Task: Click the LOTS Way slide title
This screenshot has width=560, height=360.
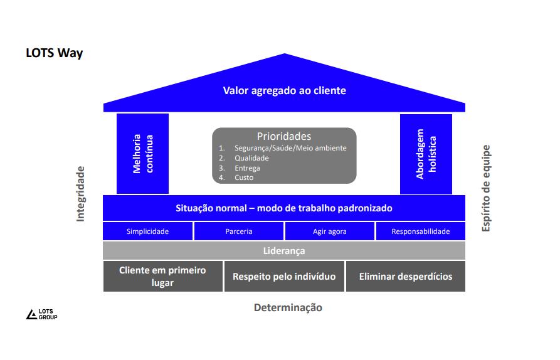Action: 54,53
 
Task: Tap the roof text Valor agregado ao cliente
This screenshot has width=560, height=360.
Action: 284,90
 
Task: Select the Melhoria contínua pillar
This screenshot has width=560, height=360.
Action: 142,154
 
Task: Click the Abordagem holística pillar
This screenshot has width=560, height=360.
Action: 426,154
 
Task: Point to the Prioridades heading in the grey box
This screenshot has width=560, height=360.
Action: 283,136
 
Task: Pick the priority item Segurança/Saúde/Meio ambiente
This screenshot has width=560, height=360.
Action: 290,148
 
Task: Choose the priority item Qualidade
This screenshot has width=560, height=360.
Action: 251,158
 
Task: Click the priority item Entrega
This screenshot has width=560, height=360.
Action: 247,168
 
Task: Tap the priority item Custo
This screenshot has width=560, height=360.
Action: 244,177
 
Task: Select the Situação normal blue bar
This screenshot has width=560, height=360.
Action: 284,208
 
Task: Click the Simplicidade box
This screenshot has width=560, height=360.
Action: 147,231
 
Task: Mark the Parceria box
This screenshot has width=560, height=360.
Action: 239,231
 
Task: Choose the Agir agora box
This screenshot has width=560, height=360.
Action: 330,231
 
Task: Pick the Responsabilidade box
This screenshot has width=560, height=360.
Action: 420,231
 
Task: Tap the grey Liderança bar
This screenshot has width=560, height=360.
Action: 284,251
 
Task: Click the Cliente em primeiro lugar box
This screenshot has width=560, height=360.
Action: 162,277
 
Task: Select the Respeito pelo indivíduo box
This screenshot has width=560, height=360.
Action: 284,277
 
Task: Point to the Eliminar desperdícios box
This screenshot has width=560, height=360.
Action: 406,277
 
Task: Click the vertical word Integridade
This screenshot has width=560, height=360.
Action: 80,194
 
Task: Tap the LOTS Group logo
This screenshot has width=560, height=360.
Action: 41,314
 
